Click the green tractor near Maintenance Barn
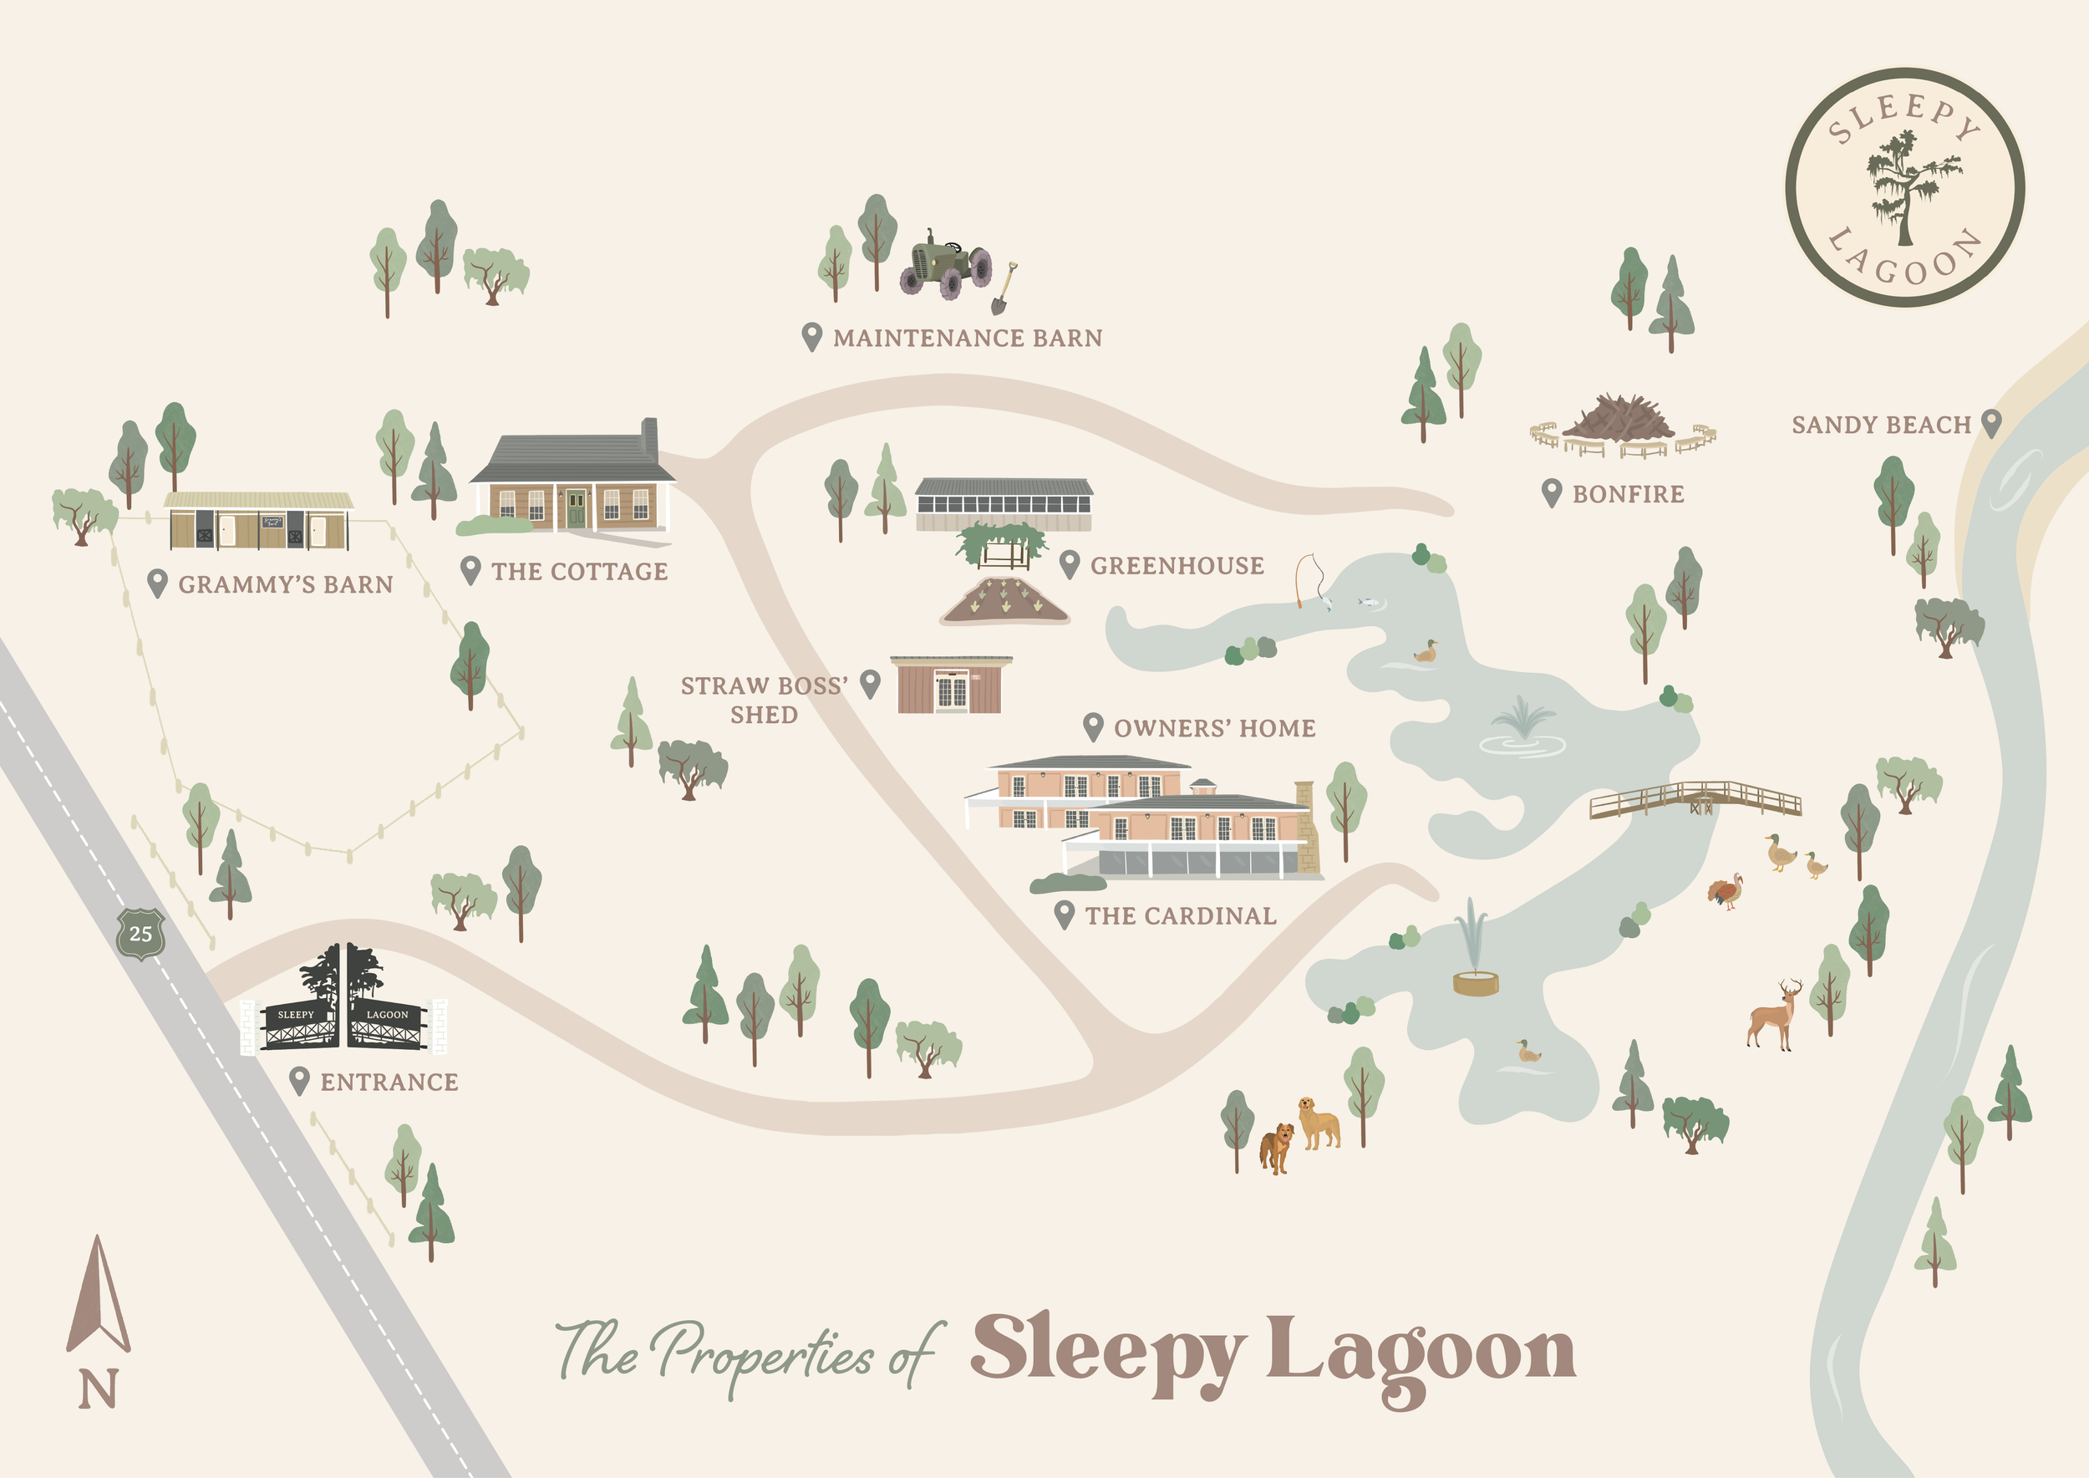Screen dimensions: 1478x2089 946,265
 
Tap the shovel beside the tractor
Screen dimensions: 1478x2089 1004,289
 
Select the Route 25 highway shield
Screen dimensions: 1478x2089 140,933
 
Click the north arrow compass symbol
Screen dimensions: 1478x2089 98,1297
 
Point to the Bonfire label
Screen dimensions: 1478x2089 1628,494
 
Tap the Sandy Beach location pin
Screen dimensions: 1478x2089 1990,422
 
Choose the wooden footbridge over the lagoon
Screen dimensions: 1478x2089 1694,799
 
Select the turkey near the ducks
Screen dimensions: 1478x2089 1726,891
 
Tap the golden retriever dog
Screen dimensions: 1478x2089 1318,1123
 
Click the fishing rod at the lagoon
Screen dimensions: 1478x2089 1307,578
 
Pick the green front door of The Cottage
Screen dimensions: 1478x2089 576,509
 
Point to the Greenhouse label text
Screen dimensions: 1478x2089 1177,566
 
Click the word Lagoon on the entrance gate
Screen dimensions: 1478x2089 388,1014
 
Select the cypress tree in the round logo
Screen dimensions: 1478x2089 1906,186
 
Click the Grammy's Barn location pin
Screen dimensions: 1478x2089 157,583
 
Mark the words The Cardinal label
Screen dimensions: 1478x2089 1180,915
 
